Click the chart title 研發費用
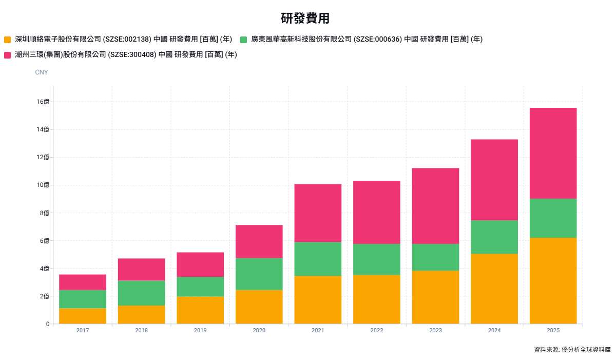click(x=305, y=18)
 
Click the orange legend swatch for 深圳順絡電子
click(x=7, y=40)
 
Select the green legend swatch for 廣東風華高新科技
click(x=243, y=40)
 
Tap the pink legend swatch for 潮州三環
click(x=7, y=55)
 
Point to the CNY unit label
click(x=42, y=72)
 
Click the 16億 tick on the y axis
click(x=44, y=102)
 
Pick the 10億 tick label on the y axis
click(x=44, y=185)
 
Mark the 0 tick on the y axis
click(x=47, y=324)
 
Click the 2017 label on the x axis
click(x=83, y=331)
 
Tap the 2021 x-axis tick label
click(x=318, y=331)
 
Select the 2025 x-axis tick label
click(x=553, y=331)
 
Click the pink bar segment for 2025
click(x=553, y=153)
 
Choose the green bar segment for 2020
click(x=259, y=274)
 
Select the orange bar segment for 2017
click(x=83, y=316)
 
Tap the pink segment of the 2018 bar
click(x=142, y=269)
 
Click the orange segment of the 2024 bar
click(x=494, y=289)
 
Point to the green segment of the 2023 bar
click(x=435, y=257)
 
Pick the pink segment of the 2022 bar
click(x=377, y=212)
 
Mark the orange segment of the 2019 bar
click(x=200, y=310)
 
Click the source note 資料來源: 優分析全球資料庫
click(x=572, y=350)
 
